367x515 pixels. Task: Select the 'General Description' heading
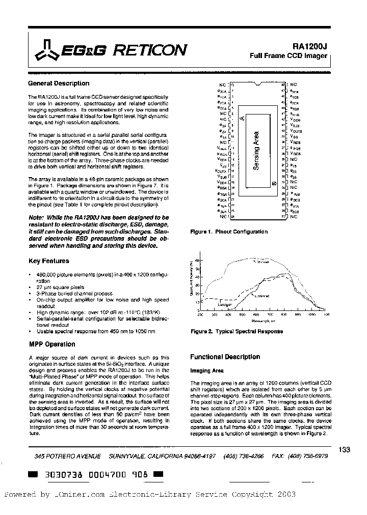(x=58, y=83)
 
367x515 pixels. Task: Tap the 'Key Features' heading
(x=48, y=261)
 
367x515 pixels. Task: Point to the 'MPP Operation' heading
(x=51, y=344)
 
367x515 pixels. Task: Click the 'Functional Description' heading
(x=225, y=357)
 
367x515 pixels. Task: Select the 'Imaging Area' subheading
(x=207, y=371)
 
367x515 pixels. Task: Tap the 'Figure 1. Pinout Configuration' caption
(x=228, y=232)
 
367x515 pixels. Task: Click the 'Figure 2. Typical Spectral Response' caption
(x=236, y=331)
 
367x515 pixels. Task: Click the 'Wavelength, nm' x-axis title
(x=263, y=321)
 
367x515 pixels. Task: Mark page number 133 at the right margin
(x=344, y=449)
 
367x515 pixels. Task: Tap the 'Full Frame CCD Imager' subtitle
(x=288, y=55)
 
